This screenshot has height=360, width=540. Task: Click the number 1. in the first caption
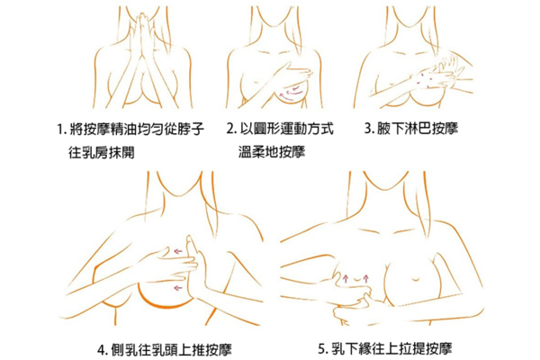point(61,130)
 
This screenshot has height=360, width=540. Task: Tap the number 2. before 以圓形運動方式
point(231,129)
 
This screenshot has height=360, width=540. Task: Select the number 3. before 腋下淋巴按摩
point(369,129)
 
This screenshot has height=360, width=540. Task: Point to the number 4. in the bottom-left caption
point(103,350)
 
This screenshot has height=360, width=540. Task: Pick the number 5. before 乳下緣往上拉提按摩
point(323,349)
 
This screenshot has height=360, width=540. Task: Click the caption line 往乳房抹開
point(101,152)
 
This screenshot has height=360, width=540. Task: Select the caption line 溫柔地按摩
point(272,151)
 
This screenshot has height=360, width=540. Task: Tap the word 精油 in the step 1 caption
point(123,130)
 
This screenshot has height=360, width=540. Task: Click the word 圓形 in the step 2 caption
point(266,129)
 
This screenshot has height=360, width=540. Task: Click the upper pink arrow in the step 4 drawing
point(177,251)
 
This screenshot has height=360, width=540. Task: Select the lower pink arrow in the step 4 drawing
point(177,288)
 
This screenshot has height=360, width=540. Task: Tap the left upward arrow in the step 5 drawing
point(346,278)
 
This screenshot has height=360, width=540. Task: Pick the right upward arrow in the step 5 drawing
point(365,278)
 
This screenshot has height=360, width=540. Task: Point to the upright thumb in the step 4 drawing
point(192,250)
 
